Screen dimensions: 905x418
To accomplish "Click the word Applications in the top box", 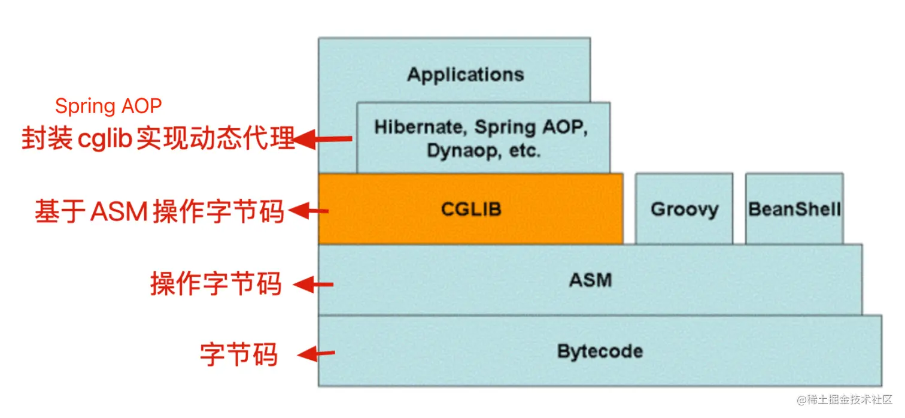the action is tap(466, 75).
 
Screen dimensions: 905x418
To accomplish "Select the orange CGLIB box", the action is tap(470, 208).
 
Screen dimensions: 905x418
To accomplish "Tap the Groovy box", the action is tap(684, 208).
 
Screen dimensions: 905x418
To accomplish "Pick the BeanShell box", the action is tap(794, 208).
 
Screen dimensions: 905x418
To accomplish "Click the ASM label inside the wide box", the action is tap(591, 280).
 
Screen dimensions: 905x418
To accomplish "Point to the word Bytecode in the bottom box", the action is tap(600, 351).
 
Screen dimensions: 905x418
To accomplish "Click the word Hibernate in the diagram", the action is tap(418, 128).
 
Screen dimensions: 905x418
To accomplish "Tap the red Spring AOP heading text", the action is tap(108, 107).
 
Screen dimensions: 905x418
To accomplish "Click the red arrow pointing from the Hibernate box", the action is tap(321, 140).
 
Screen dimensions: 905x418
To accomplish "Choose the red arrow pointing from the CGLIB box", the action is tap(308, 211).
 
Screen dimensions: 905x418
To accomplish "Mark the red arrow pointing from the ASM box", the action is tap(313, 284).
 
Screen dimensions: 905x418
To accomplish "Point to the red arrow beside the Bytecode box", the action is tap(316, 354).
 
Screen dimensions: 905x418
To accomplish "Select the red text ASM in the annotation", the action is tap(119, 211).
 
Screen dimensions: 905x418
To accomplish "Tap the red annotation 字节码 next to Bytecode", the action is tap(239, 354).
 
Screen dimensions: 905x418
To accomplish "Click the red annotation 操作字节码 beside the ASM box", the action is tap(215, 284).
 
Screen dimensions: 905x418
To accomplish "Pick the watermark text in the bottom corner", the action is tap(845, 400).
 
